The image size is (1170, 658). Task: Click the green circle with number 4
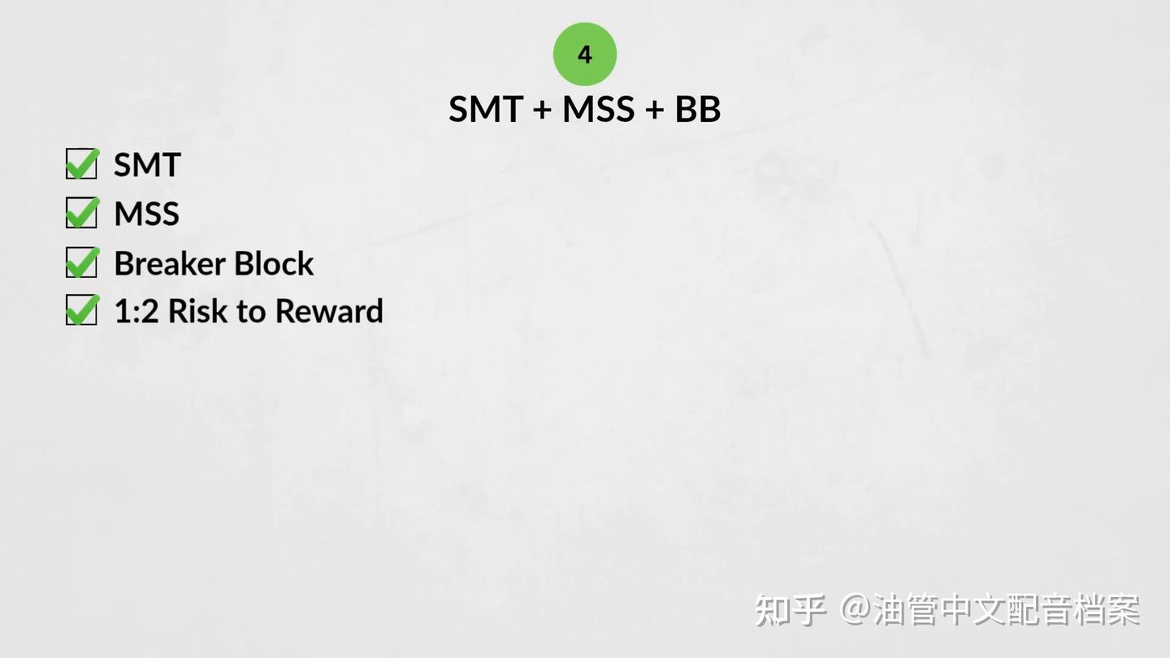coord(584,54)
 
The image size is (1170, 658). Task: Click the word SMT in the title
coord(486,109)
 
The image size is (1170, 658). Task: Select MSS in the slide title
coord(598,109)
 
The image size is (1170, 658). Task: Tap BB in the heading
coord(698,109)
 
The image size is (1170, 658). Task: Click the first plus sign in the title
coord(543,110)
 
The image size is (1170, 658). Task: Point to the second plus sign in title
coord(655,110)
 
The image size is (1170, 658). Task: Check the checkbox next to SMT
coord(82,163)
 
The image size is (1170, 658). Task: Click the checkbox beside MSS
coord(82,212)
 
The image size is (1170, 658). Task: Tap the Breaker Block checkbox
coord(82,262)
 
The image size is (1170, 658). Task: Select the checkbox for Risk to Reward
coord(82,310)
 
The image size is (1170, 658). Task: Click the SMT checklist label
coord(147,164)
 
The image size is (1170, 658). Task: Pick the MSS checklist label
coord(147,214)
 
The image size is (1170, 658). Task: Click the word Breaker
coord(171,263)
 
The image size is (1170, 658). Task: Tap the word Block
coord(274,263)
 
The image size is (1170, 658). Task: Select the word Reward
coord(329,311)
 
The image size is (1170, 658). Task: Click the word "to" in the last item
coord(251,312)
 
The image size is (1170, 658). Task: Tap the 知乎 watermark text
coord(791,609)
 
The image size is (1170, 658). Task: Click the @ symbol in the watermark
coord(856,609)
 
